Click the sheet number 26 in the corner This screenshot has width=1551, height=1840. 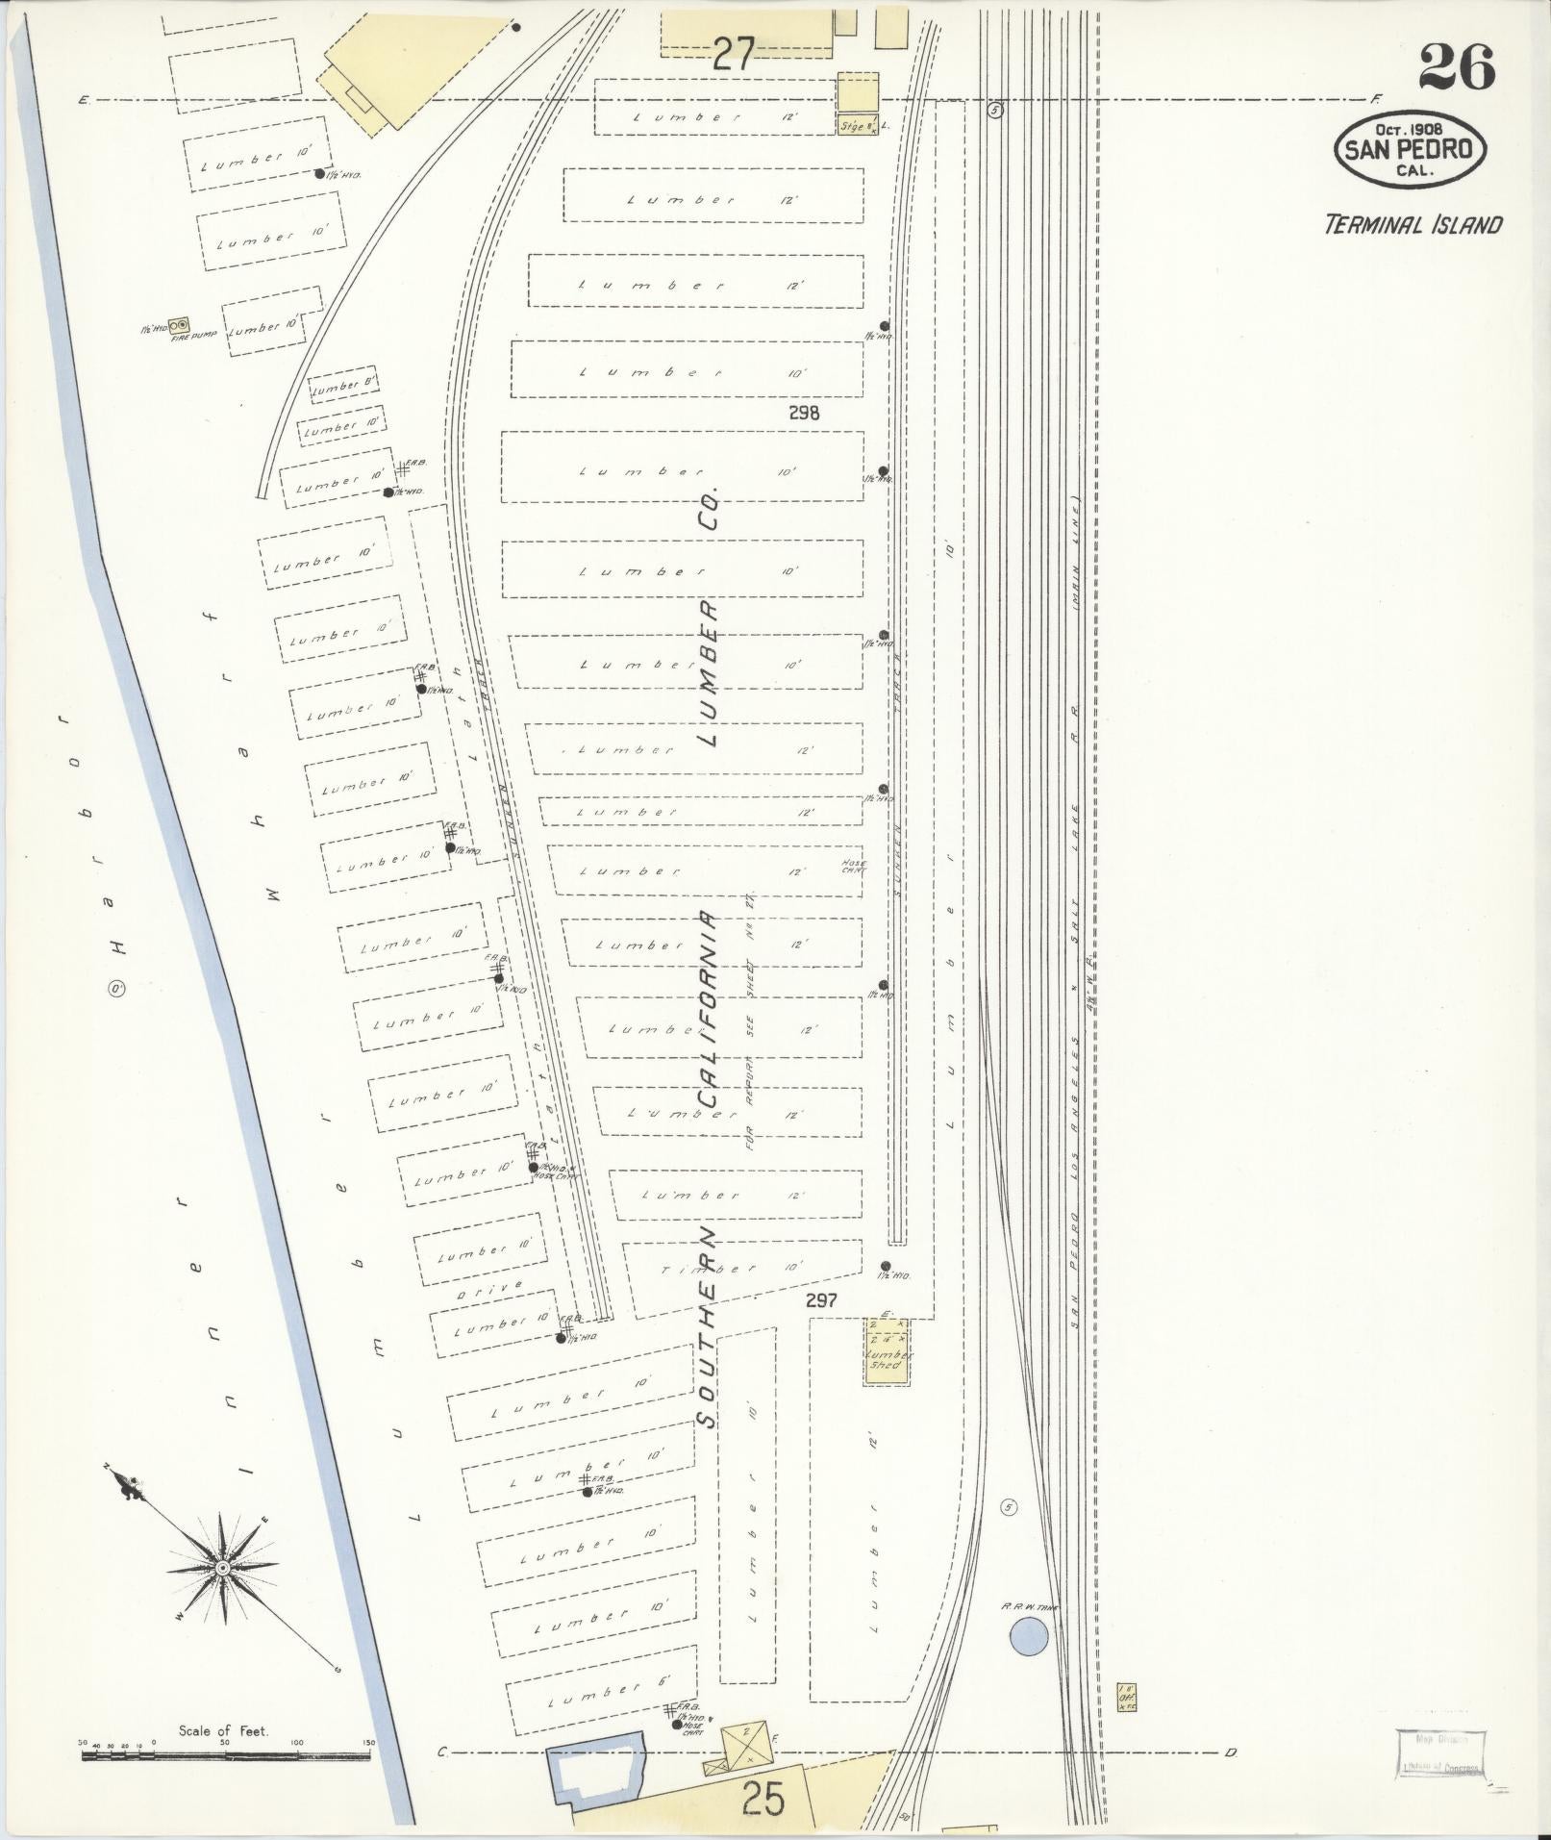point(1456,66)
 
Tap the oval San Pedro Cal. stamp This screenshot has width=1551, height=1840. point(1410,150)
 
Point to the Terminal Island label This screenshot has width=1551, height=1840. point(1413,225)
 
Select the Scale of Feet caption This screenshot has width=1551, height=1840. point(223,1730)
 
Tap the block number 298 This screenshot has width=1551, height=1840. point(803,413)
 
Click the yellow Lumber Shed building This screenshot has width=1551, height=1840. point(886,1356)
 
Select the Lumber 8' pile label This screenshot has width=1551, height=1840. point(341,387)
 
